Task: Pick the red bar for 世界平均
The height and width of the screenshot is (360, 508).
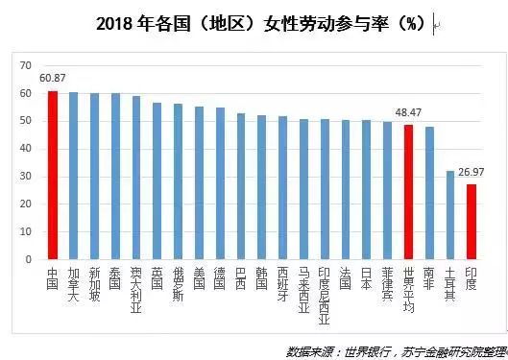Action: (408, 192)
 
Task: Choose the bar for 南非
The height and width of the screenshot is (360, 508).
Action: (428, 193)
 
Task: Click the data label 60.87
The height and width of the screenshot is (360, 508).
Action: (53, 79)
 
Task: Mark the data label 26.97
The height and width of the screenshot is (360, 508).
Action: (472, 174)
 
